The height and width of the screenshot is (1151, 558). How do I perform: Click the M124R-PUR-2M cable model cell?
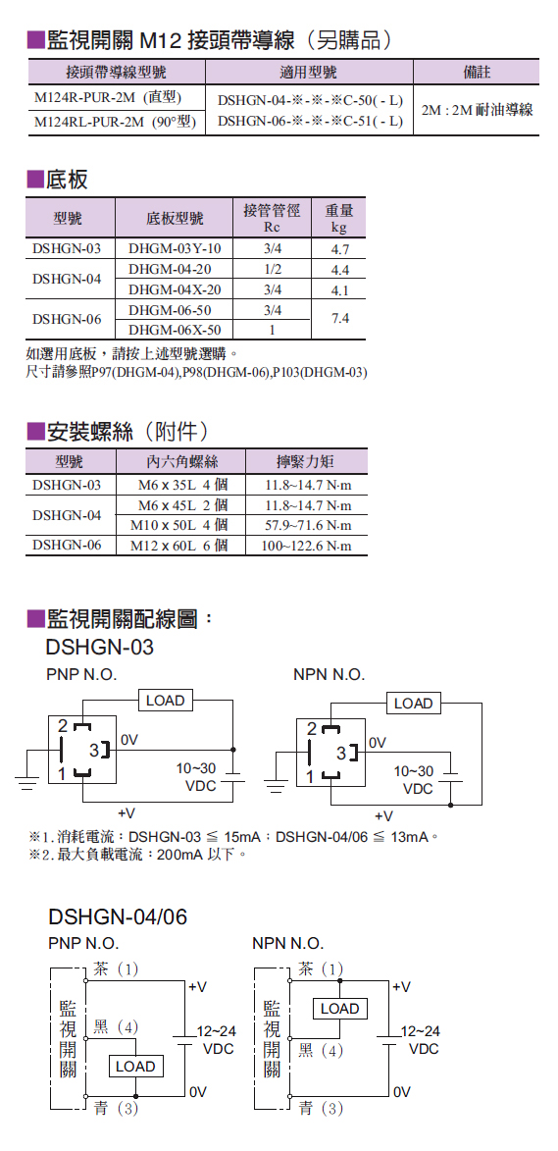coord(108,97)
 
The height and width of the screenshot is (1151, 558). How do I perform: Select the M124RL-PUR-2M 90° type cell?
coord(115,122)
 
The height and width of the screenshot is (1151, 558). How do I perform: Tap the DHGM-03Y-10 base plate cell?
coord(174,248)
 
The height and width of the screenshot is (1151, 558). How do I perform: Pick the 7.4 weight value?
coord(338,318)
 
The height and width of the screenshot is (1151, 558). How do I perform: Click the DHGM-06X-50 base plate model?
coord(174,329)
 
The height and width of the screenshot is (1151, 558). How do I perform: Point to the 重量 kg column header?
coord(338,218)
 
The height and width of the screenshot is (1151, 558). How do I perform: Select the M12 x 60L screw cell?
coord(178,546)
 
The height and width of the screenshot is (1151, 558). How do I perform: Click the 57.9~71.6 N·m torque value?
coord(308,526)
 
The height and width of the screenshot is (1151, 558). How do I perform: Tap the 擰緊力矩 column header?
coord(306,462)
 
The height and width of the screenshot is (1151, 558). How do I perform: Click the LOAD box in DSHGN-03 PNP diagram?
coord(166,701)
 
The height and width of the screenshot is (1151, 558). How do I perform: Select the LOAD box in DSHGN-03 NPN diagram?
coord(414,704)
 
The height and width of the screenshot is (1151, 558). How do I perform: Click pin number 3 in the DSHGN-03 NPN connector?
coord(341,754)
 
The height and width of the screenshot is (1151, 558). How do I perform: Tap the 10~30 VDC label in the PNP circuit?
coord(196,776)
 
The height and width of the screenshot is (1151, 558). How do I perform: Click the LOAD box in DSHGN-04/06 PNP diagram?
coord(136,1066)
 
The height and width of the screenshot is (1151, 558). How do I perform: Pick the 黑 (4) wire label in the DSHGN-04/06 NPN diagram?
coord(321,1051)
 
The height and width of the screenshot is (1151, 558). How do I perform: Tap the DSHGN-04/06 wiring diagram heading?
coord(118,916)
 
